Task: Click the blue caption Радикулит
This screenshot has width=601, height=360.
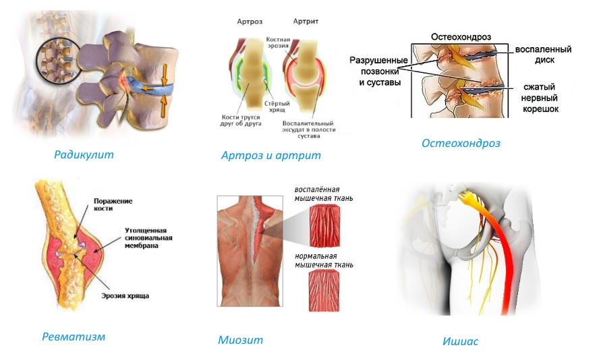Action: (x=84, y=154)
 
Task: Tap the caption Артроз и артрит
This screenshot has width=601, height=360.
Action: (x=270, y=155)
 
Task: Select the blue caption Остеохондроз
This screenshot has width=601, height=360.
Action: (x=461, y=143)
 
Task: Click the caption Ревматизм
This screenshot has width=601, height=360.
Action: (x=73, y=336)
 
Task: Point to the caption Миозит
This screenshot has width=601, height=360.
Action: (x=240, y=340)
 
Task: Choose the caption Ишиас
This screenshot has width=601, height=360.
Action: (x=461, y=341)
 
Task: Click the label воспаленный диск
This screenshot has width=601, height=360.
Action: (x=543, y=55)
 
